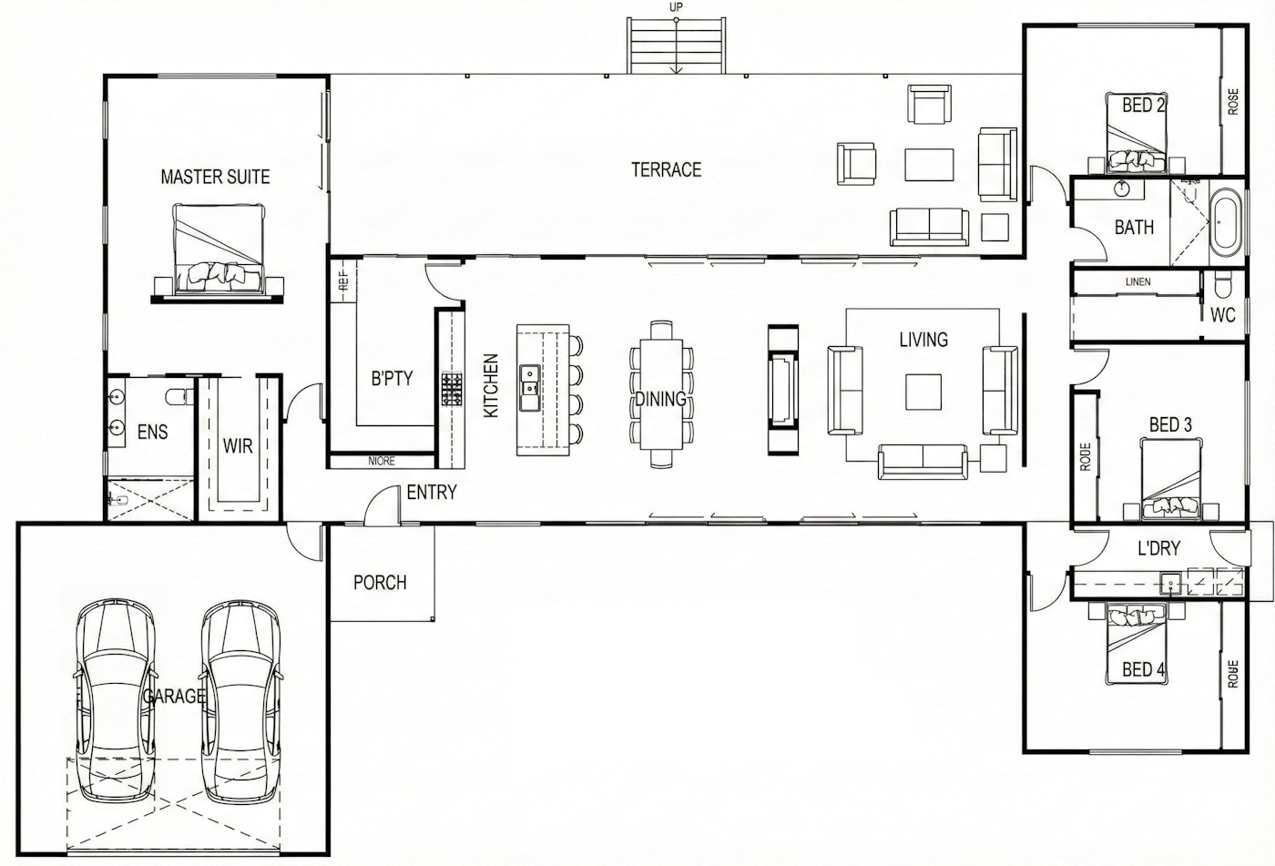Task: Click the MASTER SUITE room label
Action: [215, 176]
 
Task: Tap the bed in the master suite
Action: [220, 250]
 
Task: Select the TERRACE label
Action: [667, 169]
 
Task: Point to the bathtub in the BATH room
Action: [1225, 221]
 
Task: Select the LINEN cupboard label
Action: [1137, 282]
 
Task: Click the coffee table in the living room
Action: [923, 392]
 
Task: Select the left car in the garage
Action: [110, 701]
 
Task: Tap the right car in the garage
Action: [240, 701]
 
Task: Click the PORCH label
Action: [380, 582]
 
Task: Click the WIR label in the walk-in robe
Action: [238, 446]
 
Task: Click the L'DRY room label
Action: [1158, 548]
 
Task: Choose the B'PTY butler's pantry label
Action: [392, 378]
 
